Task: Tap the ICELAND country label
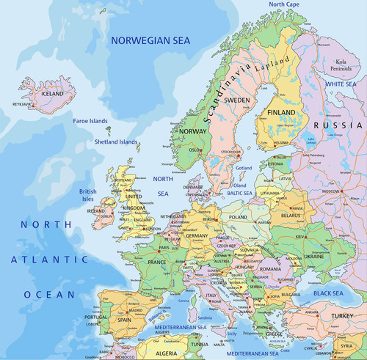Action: click(51, 94)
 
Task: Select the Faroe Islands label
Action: click(90, 120)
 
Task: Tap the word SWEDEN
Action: click(236, 99)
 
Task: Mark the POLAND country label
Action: click(239, 218)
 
